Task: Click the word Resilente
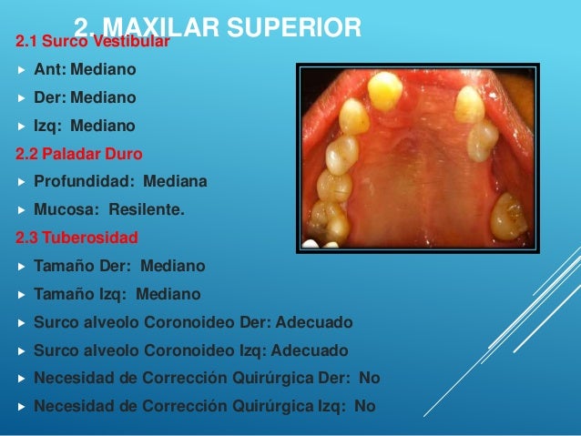(147, 209)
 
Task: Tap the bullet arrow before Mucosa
(20, 210)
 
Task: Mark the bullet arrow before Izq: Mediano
(20, 126)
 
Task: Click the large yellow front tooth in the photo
(384, 90)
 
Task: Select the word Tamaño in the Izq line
(63, 294)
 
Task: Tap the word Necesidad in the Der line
(71, 378)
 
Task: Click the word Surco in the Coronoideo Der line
(56, 322)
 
